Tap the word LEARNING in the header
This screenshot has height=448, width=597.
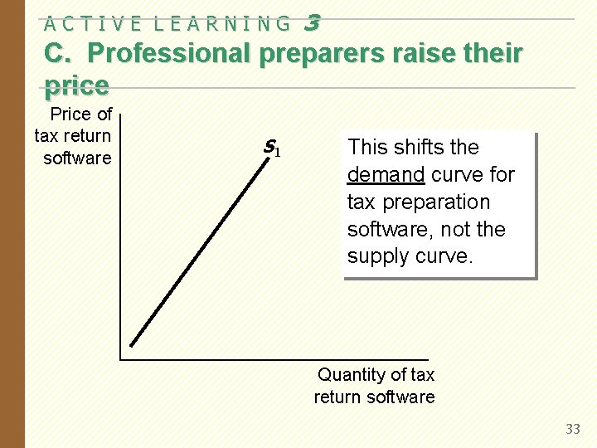tap(223, 24)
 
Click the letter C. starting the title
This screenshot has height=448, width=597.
tap(60, 53)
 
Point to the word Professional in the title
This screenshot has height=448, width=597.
tap(169, 53)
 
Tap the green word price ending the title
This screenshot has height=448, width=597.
tap(76, 85)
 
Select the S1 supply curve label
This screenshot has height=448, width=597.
tap(271, 149)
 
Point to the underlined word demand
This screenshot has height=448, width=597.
tap(386, 174)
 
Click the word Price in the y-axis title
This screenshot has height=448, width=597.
tap(70, 114)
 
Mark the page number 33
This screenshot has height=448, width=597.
tap(573, 429)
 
